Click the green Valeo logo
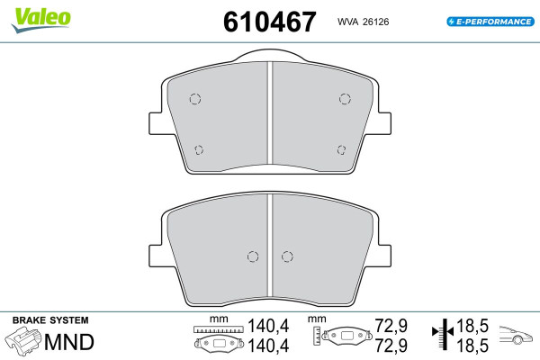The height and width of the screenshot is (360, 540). pos(41,20)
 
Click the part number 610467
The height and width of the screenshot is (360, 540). pos(270,22)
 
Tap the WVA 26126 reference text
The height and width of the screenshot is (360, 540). pos(363,22)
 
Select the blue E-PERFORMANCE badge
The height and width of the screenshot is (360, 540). pos(490,22)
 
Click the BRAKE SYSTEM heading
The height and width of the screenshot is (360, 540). pos(50,320)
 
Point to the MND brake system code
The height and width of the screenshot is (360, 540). pos(69,342)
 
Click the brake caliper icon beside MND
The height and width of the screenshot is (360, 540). pos(23,341)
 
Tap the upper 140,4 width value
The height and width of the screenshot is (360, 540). pos(268,326)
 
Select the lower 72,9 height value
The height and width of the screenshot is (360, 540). pos(391,346)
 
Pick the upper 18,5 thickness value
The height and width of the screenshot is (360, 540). pos(472,326)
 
